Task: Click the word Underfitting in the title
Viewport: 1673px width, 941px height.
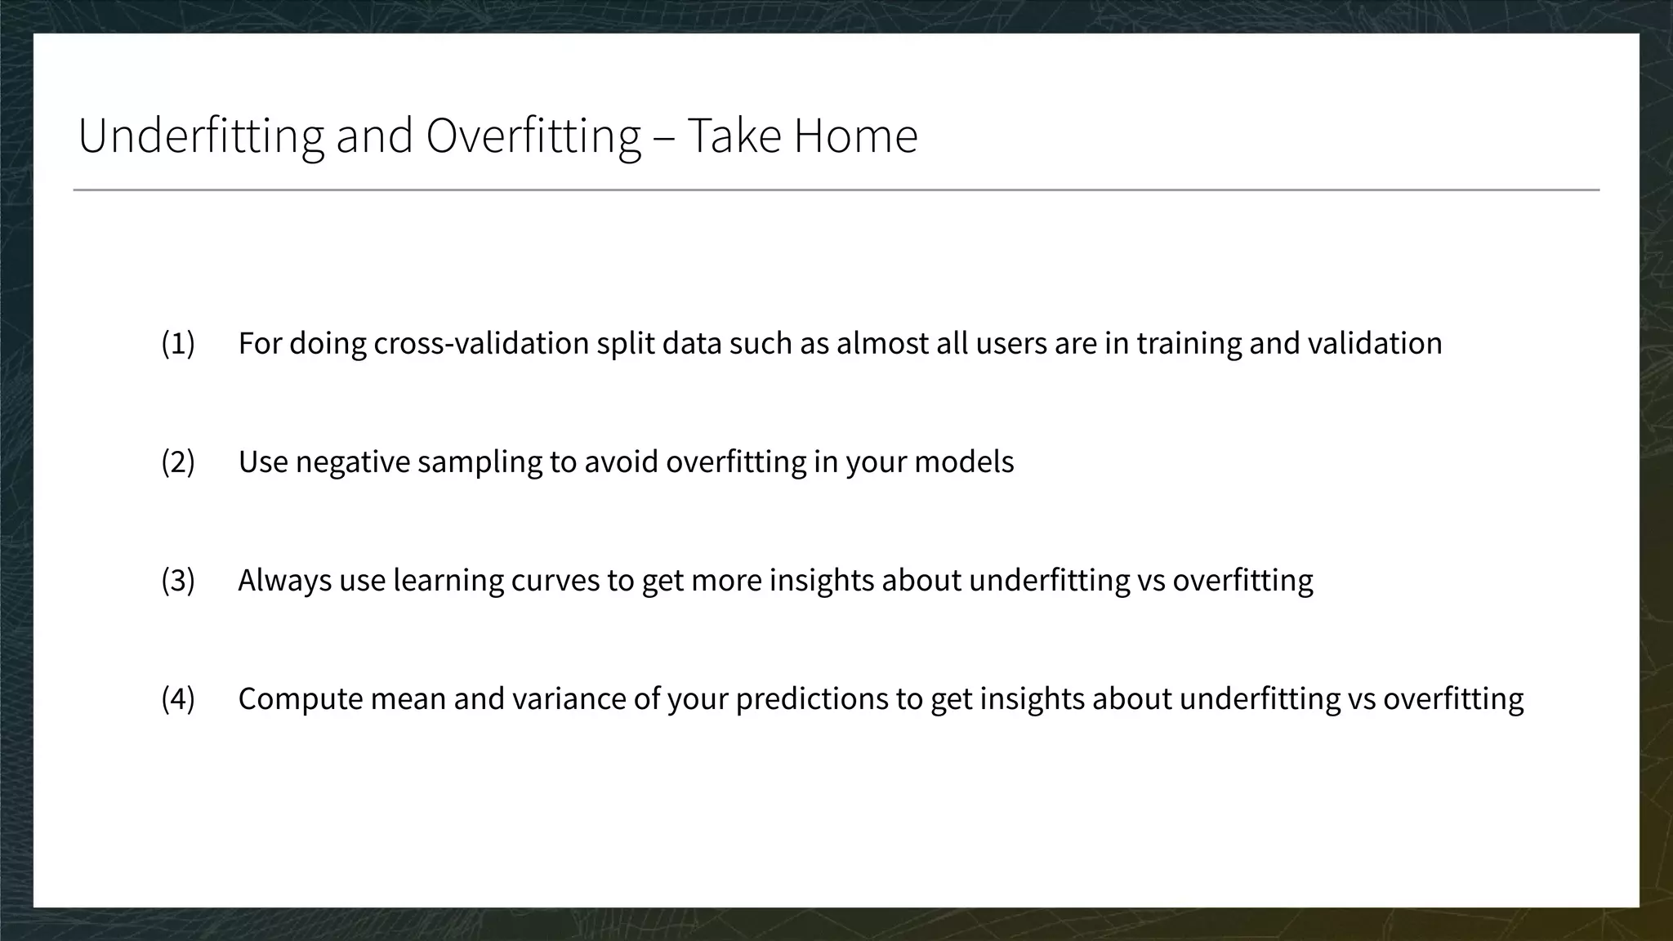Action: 201,136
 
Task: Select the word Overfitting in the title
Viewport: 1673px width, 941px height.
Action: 533,136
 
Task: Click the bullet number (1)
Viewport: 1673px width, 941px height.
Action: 178,343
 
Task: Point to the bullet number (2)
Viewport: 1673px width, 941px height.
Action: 178,462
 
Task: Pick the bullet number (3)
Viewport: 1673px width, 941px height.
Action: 178,580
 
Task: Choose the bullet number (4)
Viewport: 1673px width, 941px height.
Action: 178,698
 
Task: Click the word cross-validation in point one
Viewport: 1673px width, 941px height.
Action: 481,343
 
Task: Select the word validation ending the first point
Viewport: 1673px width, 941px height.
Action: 1375,343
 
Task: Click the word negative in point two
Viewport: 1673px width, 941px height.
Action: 352,462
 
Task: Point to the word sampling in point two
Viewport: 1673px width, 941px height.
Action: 480,462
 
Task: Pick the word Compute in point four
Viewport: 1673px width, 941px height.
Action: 299,699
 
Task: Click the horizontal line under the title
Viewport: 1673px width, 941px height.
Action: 836,190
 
